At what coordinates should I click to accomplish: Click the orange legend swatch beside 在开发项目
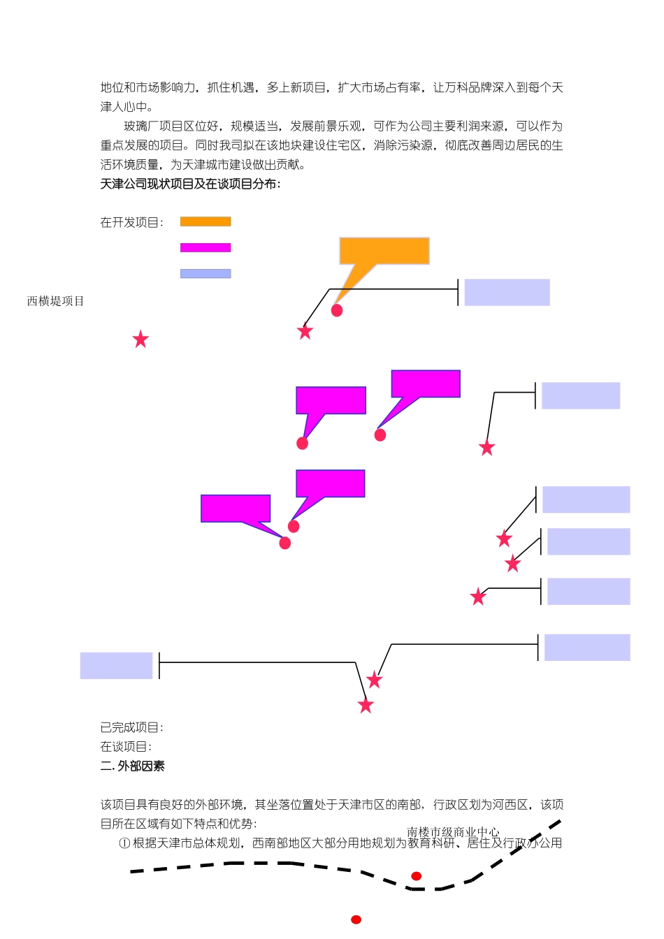[205, 221]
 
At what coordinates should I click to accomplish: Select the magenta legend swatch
[205, 247]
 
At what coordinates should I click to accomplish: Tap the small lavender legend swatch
[205, 274]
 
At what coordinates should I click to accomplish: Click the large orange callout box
[384, 251]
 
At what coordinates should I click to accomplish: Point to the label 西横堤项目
[55, 301]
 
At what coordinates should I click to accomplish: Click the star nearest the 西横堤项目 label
[140, 340]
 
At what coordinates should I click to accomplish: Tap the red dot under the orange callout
[337, 310]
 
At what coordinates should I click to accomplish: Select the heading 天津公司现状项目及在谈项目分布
[190, 184]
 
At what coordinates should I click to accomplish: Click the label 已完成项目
[131, 727]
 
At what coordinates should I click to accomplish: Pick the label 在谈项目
[126, 746]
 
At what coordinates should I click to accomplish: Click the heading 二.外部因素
[133, 766]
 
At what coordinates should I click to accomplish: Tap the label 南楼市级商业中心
[453, 831]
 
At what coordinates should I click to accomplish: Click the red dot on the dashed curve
[416, 876]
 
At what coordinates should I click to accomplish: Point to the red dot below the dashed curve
[356, 919]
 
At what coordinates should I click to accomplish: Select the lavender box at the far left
[116, 665]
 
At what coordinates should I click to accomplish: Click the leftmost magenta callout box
[236, 509]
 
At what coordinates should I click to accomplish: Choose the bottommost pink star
[366, 706]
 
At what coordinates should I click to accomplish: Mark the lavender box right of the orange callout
[507, 292]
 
